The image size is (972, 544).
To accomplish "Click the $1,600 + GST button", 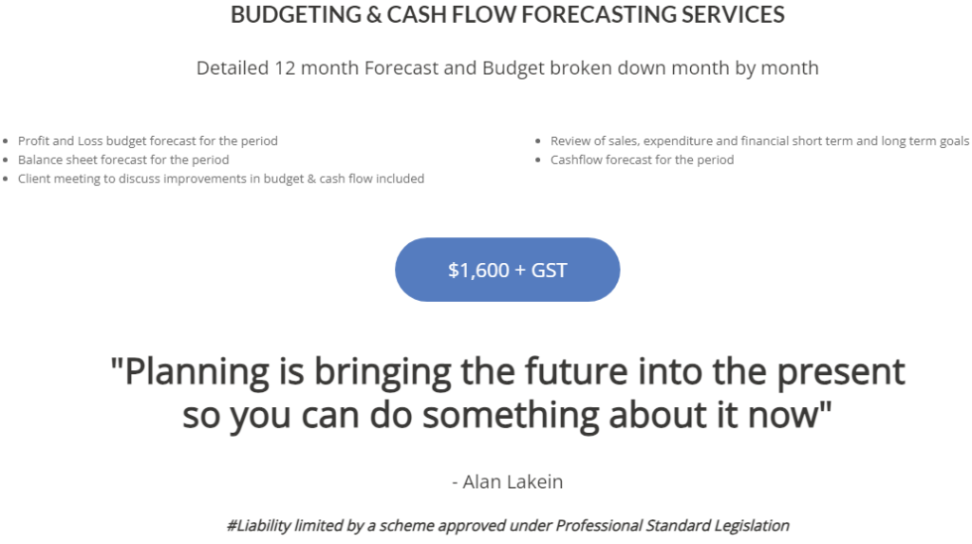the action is tap(507, 270).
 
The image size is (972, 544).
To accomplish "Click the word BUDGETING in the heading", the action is tap(296, 14).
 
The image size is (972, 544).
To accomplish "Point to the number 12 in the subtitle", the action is tap(285, 67).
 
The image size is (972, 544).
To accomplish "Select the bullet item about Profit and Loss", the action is tap(147, 141).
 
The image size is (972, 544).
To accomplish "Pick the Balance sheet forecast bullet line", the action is tap(123, 159).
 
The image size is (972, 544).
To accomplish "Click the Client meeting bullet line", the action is tap(220, 178).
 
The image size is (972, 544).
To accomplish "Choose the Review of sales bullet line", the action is tap(759, 141).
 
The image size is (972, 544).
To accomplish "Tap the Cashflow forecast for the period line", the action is tap(642, 159).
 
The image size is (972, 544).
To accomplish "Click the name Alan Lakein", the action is tap(513, 481).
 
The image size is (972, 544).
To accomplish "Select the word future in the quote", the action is tap(577, 371).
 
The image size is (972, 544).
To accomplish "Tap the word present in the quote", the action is tap(841, 372).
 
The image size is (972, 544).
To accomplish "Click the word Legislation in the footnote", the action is tap(752, 525).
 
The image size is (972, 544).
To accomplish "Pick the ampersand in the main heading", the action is tap(374, 14).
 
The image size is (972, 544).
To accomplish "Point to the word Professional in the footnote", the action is tap(598, 525).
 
